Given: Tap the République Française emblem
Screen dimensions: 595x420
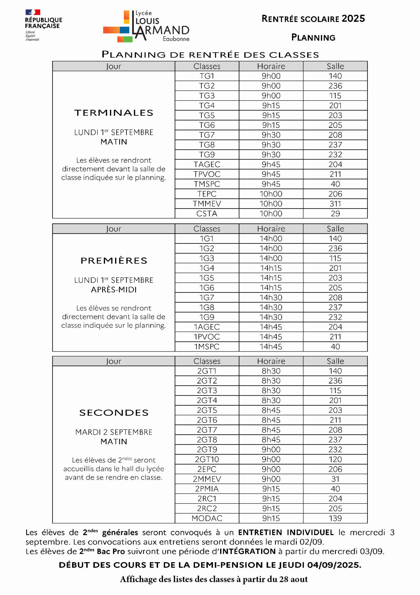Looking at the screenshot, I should coord(44,25).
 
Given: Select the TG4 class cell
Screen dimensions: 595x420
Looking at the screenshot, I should coord(207,105).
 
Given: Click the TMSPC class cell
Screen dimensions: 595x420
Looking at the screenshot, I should coord(207,184).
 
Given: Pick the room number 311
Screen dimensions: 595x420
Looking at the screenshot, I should coord(335,204).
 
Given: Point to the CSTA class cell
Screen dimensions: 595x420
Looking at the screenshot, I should coord(207,214).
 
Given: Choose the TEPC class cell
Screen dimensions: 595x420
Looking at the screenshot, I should coord(207,194).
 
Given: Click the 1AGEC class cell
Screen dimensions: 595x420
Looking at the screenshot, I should coord(207,327).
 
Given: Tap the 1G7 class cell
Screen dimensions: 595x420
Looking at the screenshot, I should coord(207,297).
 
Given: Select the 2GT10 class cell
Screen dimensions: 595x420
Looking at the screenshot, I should coord(207,459).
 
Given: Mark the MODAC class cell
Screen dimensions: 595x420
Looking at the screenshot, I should coord(207,518).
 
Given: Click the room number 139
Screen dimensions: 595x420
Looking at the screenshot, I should coord(335,518).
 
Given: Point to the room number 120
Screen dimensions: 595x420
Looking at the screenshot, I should coord(335,459).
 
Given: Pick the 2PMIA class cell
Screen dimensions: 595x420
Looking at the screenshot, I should coord(207,489).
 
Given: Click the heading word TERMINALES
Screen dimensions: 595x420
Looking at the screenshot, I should coord(114,113).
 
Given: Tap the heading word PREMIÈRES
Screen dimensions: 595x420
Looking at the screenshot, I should coord(114,261).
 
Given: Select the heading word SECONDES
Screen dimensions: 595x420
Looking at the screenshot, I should coord(114,413).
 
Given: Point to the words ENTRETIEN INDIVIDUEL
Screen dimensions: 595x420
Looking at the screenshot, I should coord(286,533).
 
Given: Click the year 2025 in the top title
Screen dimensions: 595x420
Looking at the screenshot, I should coord(353,19).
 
